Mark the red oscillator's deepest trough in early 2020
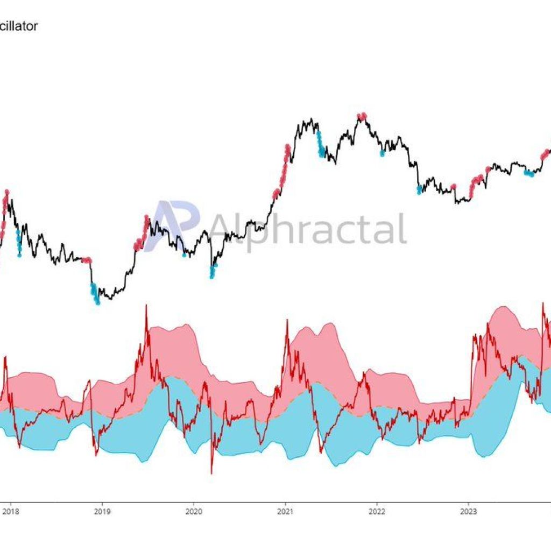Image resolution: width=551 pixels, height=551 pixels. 211,473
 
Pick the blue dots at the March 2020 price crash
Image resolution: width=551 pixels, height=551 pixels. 212,271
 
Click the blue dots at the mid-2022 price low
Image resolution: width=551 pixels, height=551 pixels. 419,189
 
